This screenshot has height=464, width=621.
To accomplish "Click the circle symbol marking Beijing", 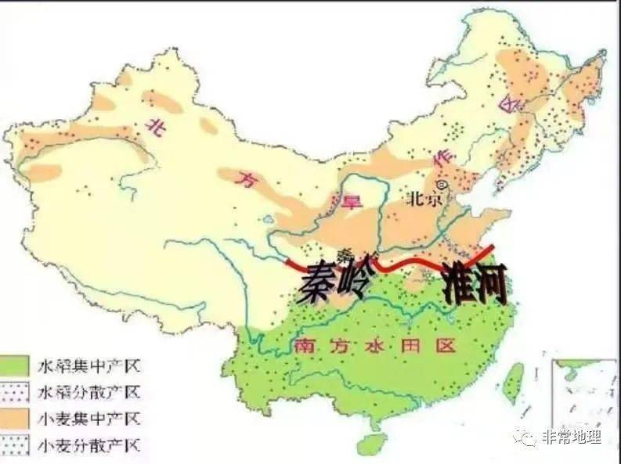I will pyautogui.click(x=442, y=185).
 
